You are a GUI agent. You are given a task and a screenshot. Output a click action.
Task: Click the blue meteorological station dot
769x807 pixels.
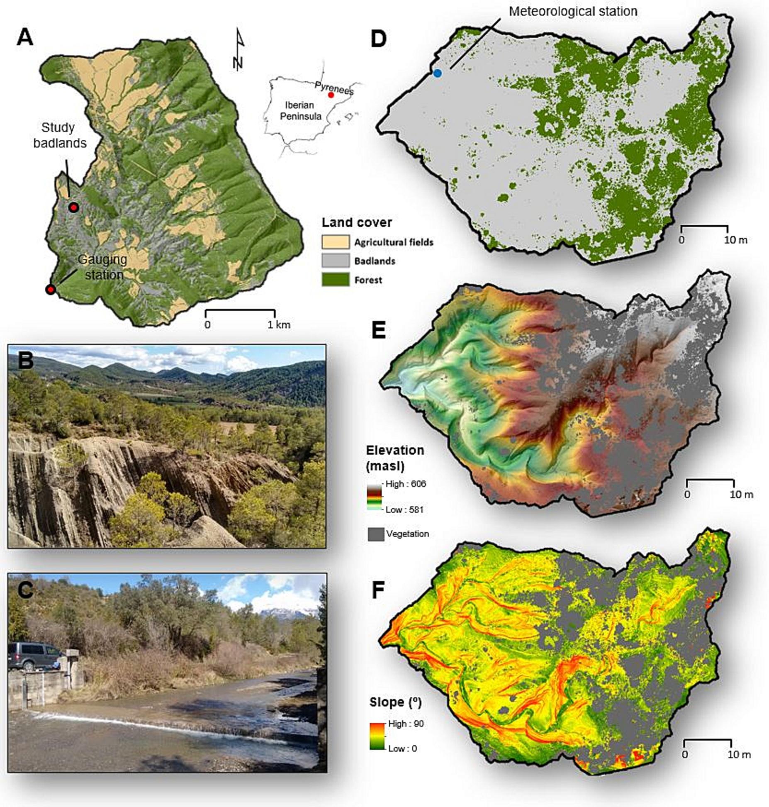coord(437,73)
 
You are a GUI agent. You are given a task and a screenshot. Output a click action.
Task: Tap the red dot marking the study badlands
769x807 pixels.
coord(74,207)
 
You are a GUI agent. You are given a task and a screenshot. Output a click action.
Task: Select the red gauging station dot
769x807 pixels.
coord(51,290)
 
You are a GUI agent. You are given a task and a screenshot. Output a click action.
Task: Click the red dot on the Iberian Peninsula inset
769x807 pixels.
coord(331,95)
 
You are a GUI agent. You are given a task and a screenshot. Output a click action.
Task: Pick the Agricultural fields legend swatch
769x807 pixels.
coord(335,242)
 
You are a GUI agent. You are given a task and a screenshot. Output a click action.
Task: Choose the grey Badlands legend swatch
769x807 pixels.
coord(335,261)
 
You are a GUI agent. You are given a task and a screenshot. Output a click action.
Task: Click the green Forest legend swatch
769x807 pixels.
coord(335,280)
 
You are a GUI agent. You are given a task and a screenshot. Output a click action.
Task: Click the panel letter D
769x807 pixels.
coord(378,39)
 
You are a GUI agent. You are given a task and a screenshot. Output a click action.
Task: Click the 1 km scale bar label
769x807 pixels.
coord(278,324)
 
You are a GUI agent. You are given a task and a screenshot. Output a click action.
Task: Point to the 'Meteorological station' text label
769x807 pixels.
coord(573,11)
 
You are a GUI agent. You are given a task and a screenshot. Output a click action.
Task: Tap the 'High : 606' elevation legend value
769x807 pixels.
coord(405,484)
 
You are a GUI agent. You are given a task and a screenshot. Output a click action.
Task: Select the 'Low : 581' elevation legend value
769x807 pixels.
coord(404,510)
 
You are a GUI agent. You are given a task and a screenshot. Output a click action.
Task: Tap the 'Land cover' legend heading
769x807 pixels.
coord(357,223)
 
